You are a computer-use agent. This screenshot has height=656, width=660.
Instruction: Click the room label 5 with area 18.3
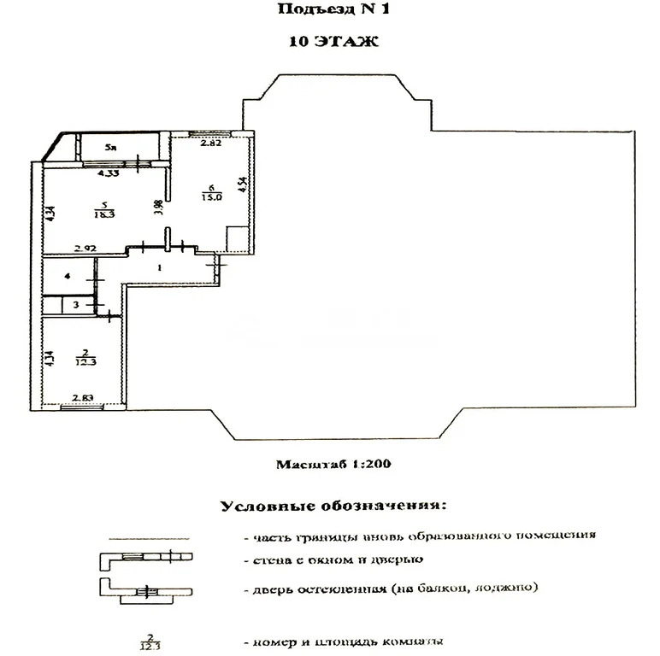[103, 210]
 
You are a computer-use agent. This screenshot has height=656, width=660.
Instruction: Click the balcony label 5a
[109, 148]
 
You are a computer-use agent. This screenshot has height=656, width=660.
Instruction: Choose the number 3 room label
[75, 303]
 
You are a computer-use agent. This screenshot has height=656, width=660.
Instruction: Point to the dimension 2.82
[210, 143]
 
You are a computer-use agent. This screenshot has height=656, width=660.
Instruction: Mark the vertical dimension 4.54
[243, 185]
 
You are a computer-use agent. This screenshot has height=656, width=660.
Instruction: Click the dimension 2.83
[83, 397]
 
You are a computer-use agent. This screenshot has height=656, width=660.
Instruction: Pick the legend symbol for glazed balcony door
[146, 589]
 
